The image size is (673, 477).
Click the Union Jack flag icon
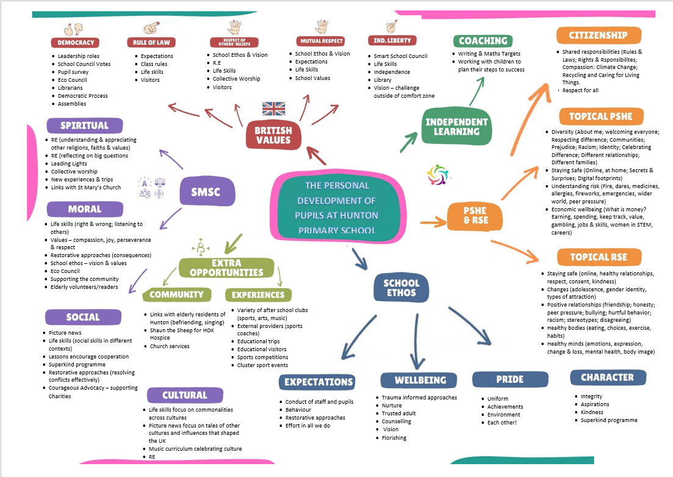pos(273,109)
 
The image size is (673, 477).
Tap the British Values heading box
pos(273,135)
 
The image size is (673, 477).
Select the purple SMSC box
pos(207,192)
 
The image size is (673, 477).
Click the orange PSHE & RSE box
pos(476,216)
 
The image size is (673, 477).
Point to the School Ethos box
pos(401,288)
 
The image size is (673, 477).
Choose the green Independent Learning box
pos(457,126)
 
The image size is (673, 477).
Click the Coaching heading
pos(483,41)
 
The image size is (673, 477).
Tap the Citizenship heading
pos(598,35)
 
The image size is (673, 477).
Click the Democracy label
pos(76,43)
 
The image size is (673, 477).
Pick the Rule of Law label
pos(151,43)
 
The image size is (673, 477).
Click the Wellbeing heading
pos(420,381)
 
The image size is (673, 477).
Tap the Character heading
pos(607,377)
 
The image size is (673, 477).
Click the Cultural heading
pos(184,395)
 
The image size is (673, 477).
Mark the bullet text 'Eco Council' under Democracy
pos(73,80)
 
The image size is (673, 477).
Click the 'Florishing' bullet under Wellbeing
pos(394,438)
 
